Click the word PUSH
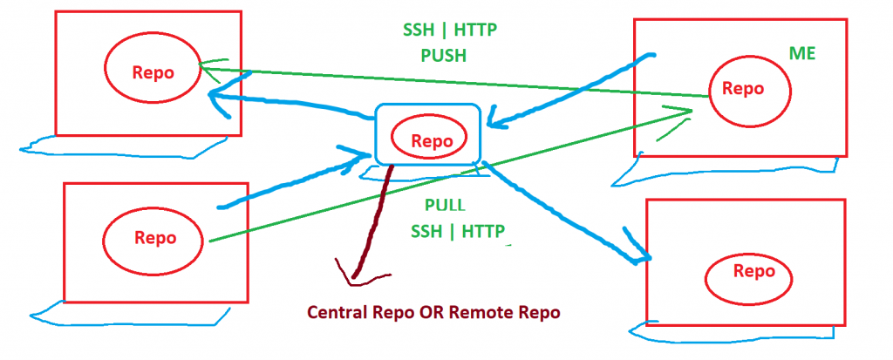pos(444,56)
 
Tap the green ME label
pos(801,54)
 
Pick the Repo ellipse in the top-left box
pos(153,72)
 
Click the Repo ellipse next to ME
pos(749,88)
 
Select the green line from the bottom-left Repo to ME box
pos(453,174)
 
